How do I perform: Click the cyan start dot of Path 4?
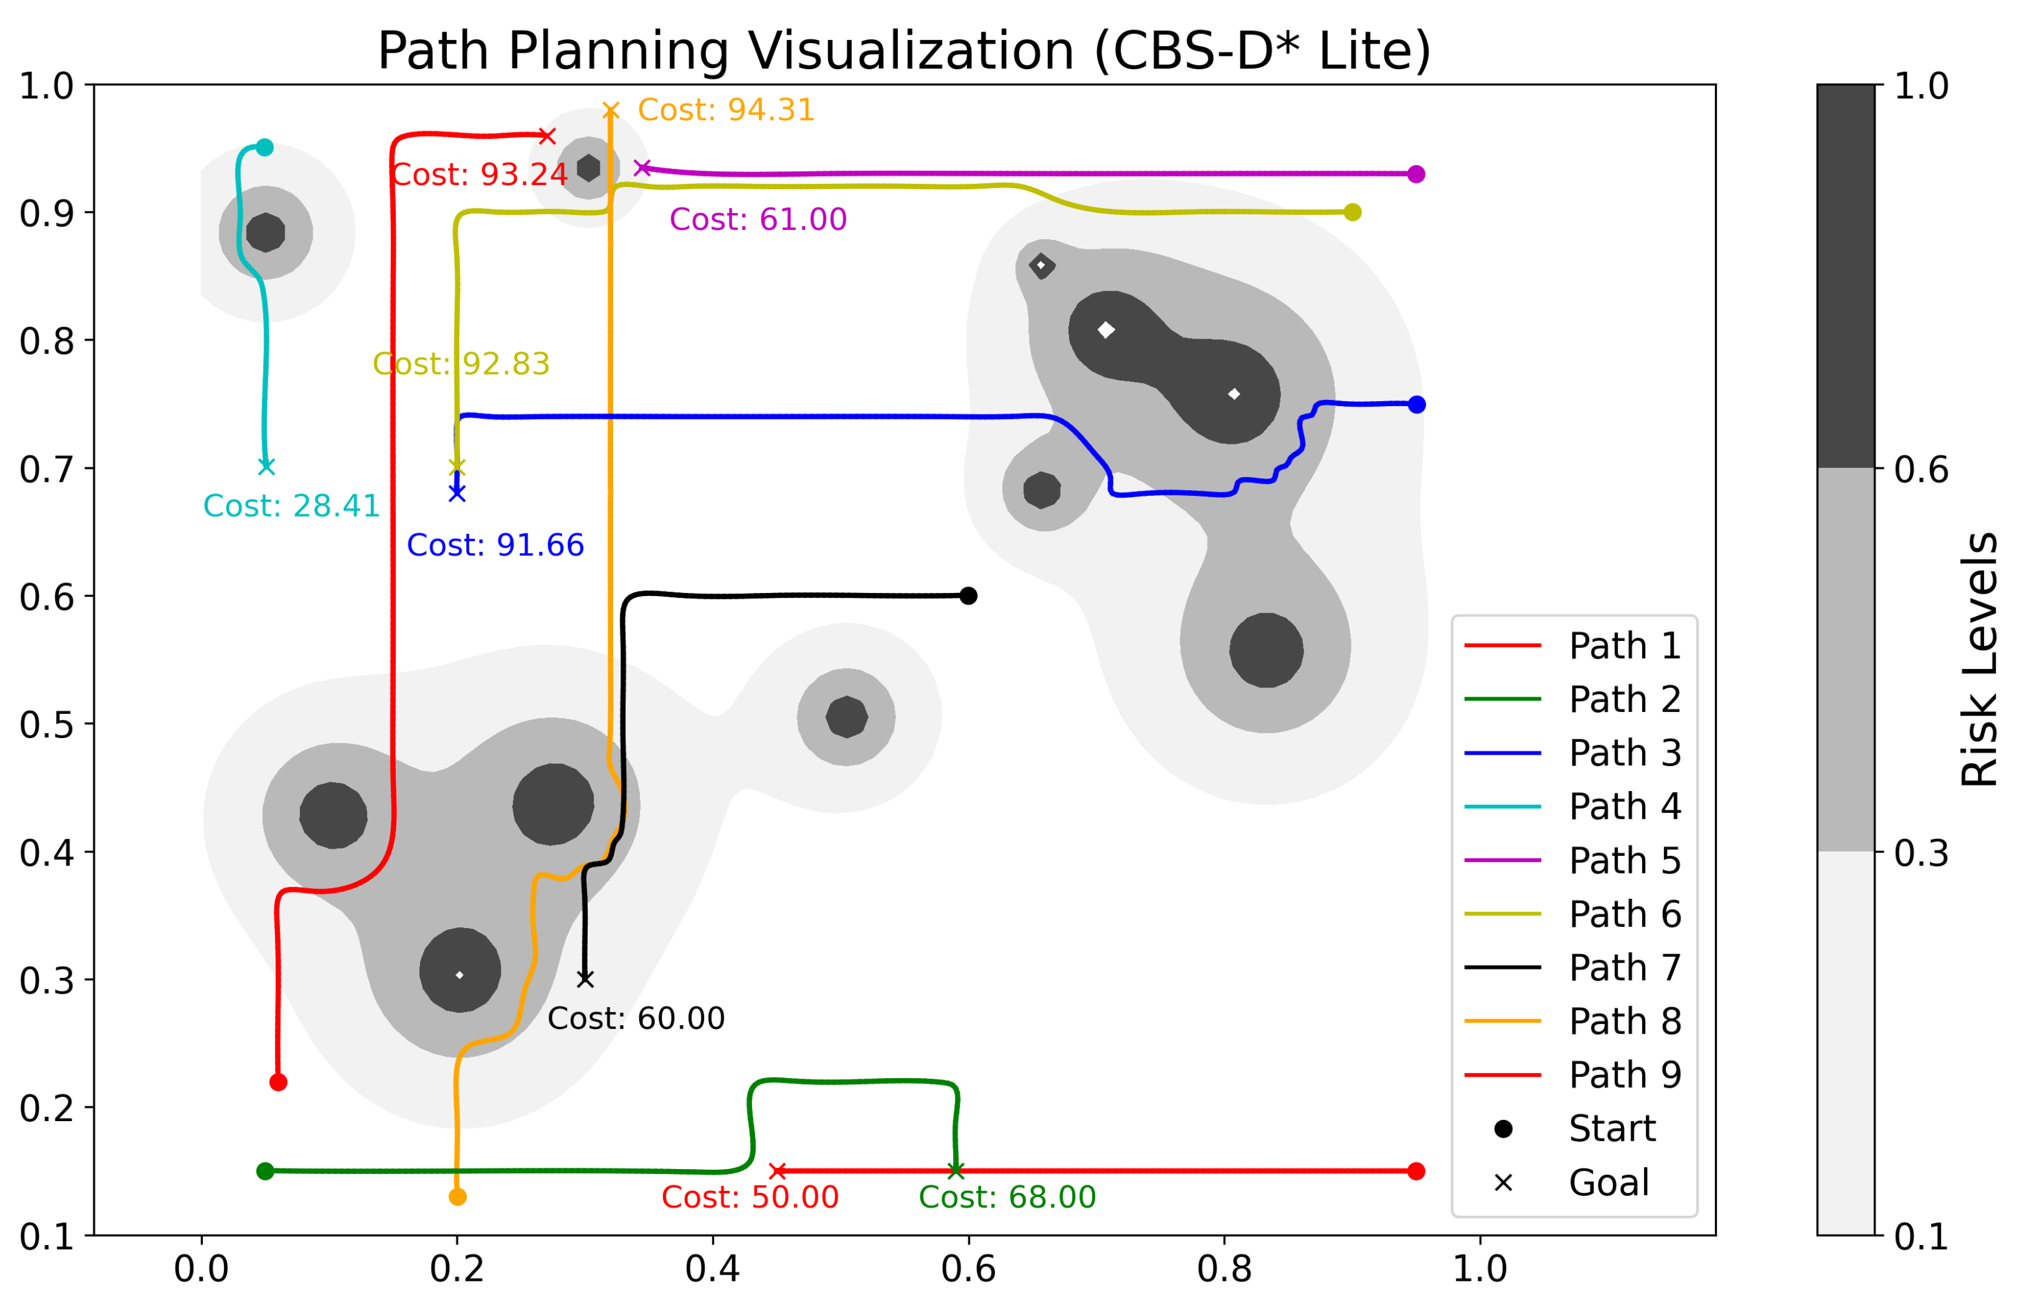click(x=265, y=148)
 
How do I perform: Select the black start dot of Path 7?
click(x=968, y=595)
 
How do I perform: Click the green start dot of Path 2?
click(x=265, y=1171)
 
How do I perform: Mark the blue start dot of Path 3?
click(x=1417, y=405)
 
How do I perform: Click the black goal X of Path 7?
click(x=585, y=978)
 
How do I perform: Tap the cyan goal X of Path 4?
click(x=267, y=466)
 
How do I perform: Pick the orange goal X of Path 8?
click(x=611, y=110)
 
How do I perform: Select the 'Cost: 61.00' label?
click(x=758, y=219)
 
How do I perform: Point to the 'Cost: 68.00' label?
click(x=1007, y=1197)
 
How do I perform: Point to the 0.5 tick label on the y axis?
click(x=46, y=725)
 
